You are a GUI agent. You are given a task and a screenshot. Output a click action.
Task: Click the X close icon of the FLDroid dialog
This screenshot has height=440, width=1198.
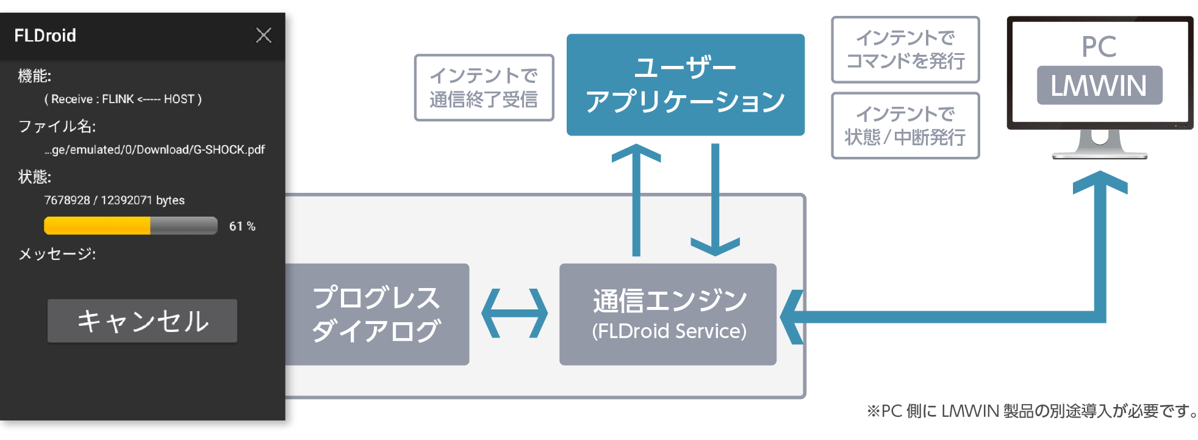264,35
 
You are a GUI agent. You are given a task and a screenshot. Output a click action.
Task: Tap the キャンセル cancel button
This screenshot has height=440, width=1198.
142,321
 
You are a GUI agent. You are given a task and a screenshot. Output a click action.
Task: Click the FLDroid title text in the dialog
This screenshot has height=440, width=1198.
45,35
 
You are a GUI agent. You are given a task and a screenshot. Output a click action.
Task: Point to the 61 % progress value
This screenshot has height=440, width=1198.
242,226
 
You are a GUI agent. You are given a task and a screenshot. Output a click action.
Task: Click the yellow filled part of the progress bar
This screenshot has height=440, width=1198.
97,226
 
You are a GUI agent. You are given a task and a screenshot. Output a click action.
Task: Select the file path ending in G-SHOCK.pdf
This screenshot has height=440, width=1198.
154,150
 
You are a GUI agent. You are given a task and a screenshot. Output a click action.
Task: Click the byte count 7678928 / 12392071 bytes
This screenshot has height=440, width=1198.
114,200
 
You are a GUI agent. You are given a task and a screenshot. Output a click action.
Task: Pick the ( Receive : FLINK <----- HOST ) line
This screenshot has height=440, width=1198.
123,99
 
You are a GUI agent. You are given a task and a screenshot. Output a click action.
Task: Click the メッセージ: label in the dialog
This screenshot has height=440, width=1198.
57,254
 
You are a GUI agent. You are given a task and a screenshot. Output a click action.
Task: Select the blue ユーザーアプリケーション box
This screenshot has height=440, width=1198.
685,85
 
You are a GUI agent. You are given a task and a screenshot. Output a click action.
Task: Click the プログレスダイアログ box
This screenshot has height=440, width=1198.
376,314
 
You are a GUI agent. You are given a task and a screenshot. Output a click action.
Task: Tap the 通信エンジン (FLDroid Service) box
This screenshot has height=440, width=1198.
668,314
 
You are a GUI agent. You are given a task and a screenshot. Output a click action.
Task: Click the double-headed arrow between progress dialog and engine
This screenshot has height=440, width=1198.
514,314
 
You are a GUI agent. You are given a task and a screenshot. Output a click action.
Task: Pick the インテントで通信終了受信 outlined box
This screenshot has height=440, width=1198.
484,87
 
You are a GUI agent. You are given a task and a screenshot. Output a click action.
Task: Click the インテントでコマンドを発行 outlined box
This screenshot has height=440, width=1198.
905,49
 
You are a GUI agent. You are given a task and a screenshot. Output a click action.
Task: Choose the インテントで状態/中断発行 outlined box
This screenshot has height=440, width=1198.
905,126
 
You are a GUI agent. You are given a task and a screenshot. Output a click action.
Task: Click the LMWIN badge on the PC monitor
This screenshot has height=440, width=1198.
1099,85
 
